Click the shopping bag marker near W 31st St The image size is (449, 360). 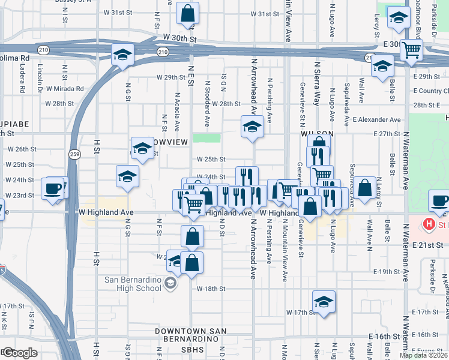point(188,14)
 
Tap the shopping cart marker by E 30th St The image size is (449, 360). point(412,50)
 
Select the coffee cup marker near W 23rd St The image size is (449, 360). point(52,188)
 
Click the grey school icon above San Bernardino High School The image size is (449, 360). point(170,284)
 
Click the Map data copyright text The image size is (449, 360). point(424,355)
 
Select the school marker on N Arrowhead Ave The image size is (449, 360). point(252,127)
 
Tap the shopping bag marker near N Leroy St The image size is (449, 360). point(364,188)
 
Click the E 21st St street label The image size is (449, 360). point(427,245)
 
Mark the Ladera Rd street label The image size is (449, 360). point(22,79)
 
